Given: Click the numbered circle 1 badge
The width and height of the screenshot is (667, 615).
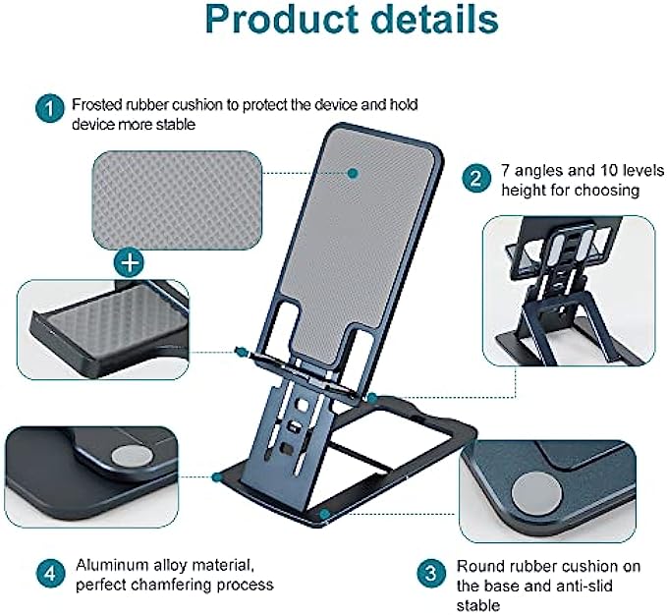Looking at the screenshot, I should [47, 108].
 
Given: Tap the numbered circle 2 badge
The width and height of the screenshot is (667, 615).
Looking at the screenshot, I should [476, 179].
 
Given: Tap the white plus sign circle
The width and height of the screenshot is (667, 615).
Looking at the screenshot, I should [128, 261].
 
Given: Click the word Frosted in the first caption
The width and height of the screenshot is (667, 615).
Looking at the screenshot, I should [97, 102].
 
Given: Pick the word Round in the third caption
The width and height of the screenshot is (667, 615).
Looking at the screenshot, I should [478, 567].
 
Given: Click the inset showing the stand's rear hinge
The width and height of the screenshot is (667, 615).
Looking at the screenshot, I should [568, 291].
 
